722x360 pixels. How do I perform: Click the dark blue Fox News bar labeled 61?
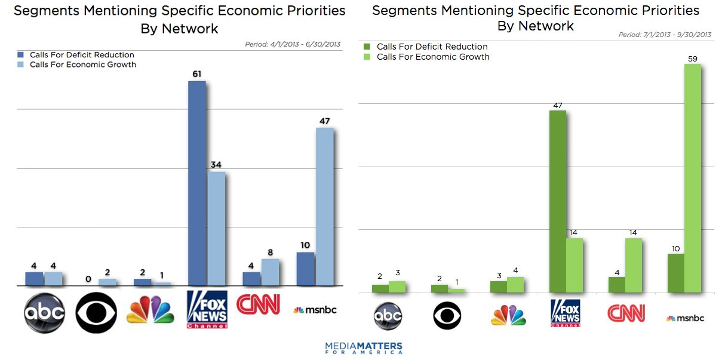196,183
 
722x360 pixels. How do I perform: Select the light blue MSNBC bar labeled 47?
324,206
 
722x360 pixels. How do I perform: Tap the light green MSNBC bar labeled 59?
692,178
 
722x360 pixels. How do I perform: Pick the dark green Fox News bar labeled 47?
557,201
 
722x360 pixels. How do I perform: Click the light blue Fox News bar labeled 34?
216,229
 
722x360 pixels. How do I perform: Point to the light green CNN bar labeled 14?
633,265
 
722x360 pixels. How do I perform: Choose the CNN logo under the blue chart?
258,304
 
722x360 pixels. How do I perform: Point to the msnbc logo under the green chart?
685,318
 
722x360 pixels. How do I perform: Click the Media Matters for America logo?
364,348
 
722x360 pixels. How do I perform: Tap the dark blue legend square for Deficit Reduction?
21,55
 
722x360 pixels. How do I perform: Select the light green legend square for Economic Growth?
367,57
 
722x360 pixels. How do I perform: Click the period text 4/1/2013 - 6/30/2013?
293,44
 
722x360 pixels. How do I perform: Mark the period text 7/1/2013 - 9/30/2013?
665,35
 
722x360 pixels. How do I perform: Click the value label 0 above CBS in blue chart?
88,279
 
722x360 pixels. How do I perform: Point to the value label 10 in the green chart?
675,248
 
